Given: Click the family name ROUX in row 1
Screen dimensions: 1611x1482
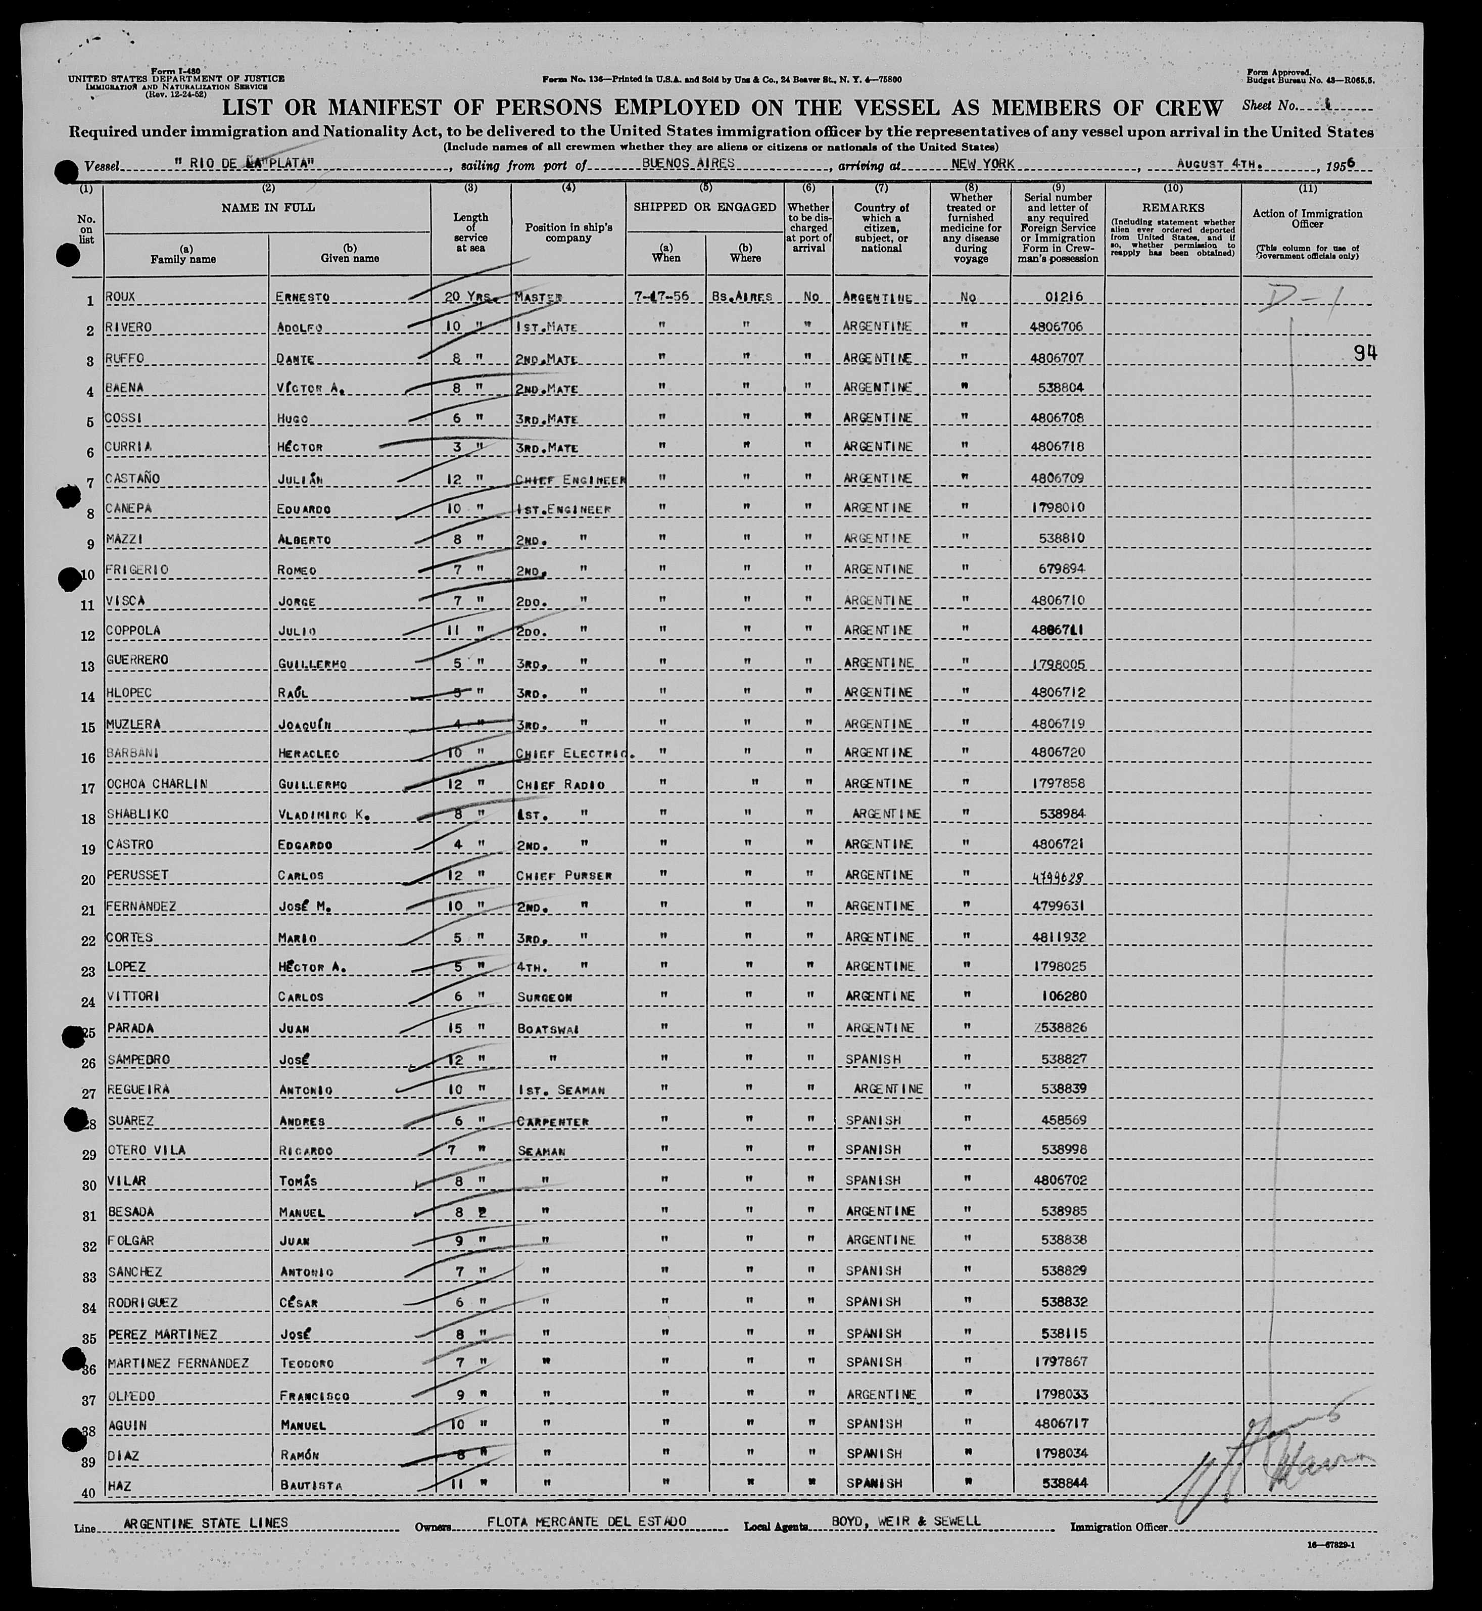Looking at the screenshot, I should pos(120,297).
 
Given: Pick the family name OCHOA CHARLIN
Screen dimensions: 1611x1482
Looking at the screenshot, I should pos(157,783).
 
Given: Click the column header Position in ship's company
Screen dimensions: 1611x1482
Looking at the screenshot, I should pos(568,232).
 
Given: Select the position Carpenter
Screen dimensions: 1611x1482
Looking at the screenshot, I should pos(553,1120).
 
